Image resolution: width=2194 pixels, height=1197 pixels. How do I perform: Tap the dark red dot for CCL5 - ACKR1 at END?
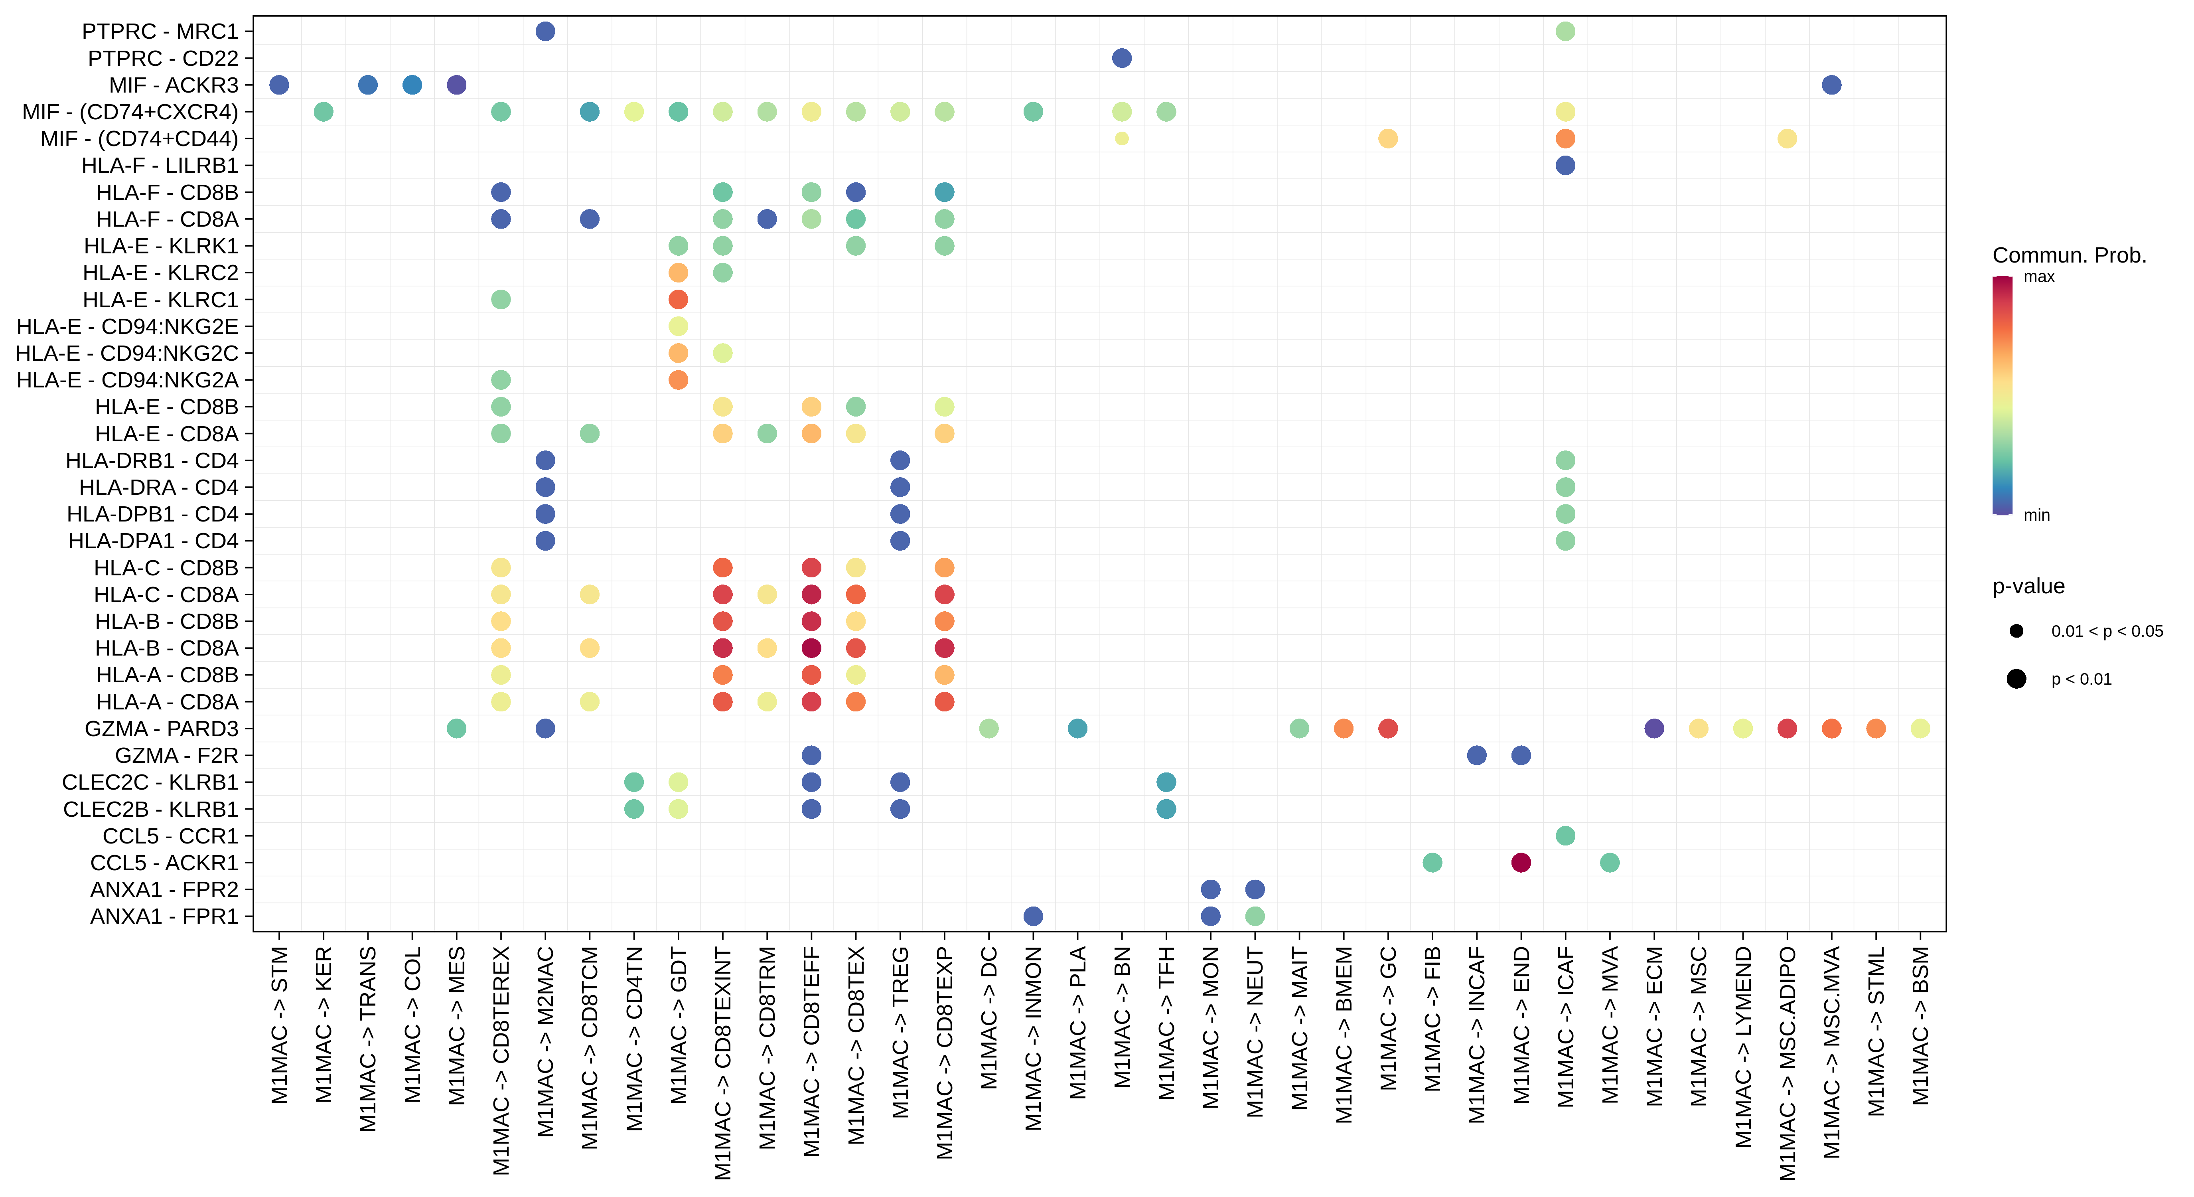coord(1521,862)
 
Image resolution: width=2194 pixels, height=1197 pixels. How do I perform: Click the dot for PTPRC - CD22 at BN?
coord(1122,58)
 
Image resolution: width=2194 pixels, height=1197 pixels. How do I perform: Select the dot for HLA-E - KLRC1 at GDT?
coord(678,299)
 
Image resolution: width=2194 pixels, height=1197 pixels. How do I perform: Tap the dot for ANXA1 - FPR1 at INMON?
coord(1033,916)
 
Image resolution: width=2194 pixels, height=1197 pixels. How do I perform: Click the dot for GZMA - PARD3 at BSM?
coord(1920,729)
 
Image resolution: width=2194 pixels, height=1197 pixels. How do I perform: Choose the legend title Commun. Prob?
coord(2069,256)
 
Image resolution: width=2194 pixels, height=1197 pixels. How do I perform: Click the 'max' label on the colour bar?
coord(2039,277)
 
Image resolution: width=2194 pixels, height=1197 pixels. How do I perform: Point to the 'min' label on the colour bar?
coord(2036,515)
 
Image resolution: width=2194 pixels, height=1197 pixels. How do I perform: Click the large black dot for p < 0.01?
coord(2016,679)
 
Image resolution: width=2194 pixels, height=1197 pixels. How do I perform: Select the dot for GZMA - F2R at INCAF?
coord(1477,756)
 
